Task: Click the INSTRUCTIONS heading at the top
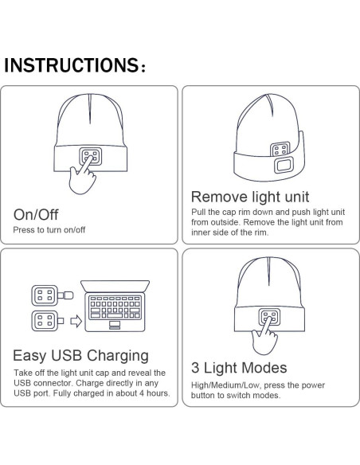point(75,65)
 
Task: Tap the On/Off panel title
point(36,214)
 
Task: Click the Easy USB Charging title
point(81,355)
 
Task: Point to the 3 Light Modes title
point(239,368)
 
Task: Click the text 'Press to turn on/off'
point(49,230)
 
